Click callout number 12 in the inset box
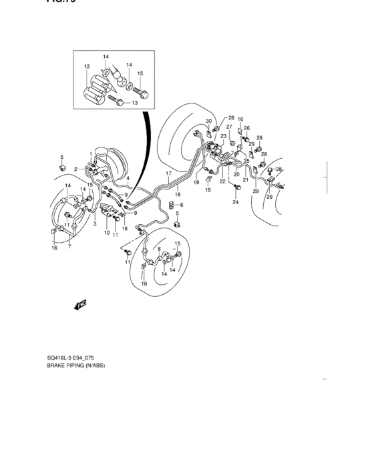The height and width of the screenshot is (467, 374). (x=87, y=67)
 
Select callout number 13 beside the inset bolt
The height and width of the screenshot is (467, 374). (x=134, y=103)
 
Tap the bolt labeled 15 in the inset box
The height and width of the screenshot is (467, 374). (x=141, y=89)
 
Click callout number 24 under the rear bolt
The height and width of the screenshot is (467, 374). (x=235, y=203)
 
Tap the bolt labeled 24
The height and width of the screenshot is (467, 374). (x=236, y=189)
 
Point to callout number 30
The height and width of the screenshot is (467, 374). (x=208, y=121)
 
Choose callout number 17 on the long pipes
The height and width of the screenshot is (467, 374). (x=169, y=173)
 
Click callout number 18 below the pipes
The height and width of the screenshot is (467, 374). (x=177, y=194)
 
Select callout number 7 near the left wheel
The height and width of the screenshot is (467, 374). (x=69, y=246)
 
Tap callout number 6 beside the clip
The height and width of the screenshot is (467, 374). (x=180, y=205)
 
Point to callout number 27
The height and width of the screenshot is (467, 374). (x=228, y=127)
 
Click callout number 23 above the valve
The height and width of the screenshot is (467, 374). (x=224, y=136)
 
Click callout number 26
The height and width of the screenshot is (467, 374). (x=246, y=128)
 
